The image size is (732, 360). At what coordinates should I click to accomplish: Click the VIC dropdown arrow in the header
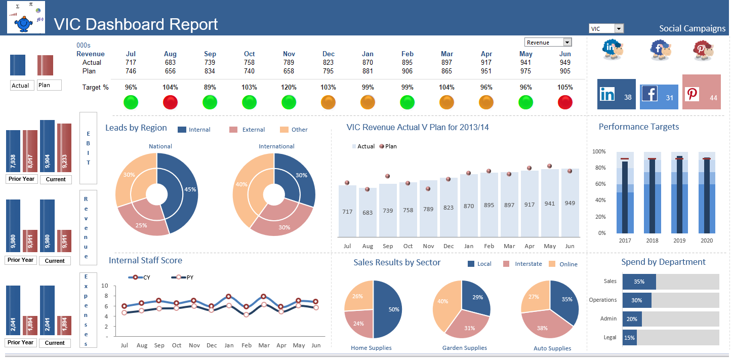[619, 29]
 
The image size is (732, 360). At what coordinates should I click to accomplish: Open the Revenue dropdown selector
[567, 43]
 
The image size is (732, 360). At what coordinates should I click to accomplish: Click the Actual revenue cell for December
[329, 62]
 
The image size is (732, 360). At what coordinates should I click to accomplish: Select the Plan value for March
[447, 71]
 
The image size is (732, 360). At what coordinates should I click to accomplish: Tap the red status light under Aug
[171, 103]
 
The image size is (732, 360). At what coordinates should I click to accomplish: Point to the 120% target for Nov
[289, 87]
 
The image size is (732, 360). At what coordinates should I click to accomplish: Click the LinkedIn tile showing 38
[616, 94]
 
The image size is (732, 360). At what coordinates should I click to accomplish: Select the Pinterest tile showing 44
[701, 92]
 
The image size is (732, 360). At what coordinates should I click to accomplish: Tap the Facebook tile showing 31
[659, 97]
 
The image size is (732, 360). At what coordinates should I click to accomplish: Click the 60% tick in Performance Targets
[599, 184]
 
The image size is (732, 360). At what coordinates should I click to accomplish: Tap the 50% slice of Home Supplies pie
[390, 309]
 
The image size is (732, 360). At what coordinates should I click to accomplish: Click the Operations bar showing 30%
[637, 300]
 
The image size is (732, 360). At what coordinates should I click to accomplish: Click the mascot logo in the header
[26, 17]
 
